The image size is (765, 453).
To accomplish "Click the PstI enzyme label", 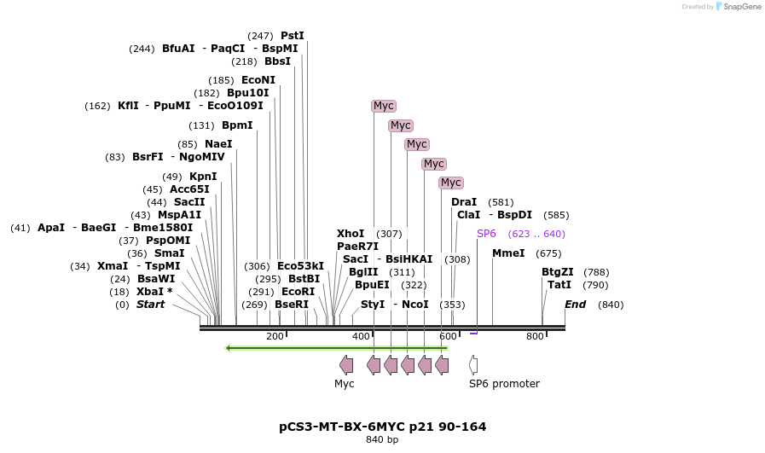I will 292,36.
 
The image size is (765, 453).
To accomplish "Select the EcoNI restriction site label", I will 258,80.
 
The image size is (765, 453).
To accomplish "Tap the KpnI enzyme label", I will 203,177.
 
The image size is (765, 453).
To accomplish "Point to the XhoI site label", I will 351,234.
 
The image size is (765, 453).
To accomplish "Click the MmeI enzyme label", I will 508,253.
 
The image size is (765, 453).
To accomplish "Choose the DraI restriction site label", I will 464,202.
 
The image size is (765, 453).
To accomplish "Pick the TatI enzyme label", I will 559,285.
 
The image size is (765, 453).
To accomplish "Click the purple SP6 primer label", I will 486,234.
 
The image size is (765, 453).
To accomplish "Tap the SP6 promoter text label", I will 504,384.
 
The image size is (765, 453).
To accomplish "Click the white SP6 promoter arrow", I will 473,365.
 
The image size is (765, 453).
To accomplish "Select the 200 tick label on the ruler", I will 275,337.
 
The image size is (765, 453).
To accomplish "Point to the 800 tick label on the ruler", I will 535,337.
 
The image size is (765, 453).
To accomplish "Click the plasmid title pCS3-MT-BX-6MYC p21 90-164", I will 383,426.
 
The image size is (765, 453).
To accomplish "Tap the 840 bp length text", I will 382,440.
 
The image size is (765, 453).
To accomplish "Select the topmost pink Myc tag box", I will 384,106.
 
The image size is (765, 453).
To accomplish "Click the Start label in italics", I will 150,305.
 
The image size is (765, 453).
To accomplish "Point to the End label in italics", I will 575,305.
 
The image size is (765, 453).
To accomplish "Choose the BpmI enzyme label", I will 237,125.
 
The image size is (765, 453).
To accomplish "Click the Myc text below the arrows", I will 344,384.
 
